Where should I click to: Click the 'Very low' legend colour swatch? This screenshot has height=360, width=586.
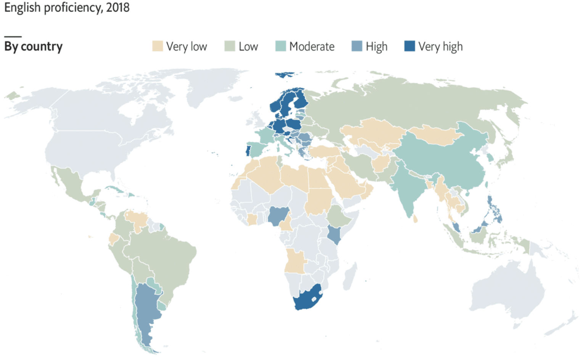coord(157,46)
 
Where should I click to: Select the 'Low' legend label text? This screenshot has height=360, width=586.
coord(248,47)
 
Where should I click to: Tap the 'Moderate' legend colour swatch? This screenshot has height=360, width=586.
coord(280,46)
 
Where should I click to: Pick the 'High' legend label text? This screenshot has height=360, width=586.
coord(376,47)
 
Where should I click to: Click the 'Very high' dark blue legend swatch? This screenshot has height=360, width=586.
coord(409,46)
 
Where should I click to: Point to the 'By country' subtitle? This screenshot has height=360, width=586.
coord(34,47)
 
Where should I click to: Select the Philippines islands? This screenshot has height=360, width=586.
coord(494,210)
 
